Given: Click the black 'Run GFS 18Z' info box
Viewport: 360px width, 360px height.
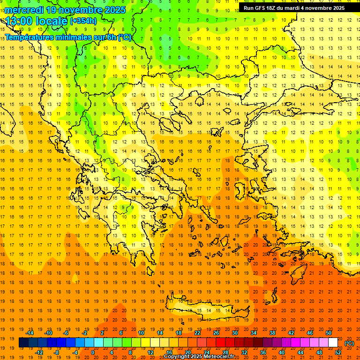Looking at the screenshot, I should click(294, 7).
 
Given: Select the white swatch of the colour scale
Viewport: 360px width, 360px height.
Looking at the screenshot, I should click(333, 343).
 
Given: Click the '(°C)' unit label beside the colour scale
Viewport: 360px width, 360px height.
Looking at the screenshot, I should click(349, 343).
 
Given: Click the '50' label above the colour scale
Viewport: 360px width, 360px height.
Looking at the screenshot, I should click(328, 333).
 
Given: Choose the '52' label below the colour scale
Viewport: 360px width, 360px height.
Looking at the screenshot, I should click(338, 352).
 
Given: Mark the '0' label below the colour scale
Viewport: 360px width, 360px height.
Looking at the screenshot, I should click(93, 352).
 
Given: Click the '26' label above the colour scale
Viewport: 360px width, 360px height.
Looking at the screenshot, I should click(216, 333).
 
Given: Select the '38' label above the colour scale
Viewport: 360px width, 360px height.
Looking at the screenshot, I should click(272, 333).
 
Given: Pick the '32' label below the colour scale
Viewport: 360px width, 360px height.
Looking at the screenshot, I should click(244, 352).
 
